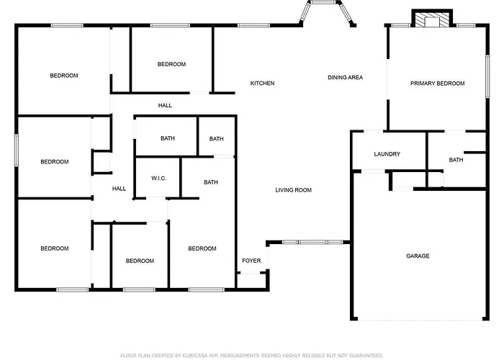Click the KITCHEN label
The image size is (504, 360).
coord(262,84)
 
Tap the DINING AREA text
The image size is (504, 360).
coord(345,78)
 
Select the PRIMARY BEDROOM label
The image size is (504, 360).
coord(438,84)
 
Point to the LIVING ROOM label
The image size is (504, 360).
coord(294,190)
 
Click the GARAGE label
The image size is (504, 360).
coord(418,256)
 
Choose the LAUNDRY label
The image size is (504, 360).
coord(387,154)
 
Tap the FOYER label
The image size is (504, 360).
coord(251,261)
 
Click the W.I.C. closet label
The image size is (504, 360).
coord(159,179)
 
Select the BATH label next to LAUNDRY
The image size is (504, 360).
coord(456,160)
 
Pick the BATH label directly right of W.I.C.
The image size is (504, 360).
coord(211,183)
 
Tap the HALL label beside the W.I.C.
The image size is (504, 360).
coord(119,189)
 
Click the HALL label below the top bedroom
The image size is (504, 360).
coord(165,105)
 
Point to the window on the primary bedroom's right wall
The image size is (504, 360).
coord(487,76)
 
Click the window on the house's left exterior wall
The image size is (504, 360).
coord(17,150)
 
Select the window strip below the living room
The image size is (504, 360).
coord(312,242)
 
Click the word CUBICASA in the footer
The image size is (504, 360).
coord(195,356)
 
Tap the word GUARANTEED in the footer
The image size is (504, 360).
coord(366,356)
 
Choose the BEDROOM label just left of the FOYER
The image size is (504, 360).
coord(202,249)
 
